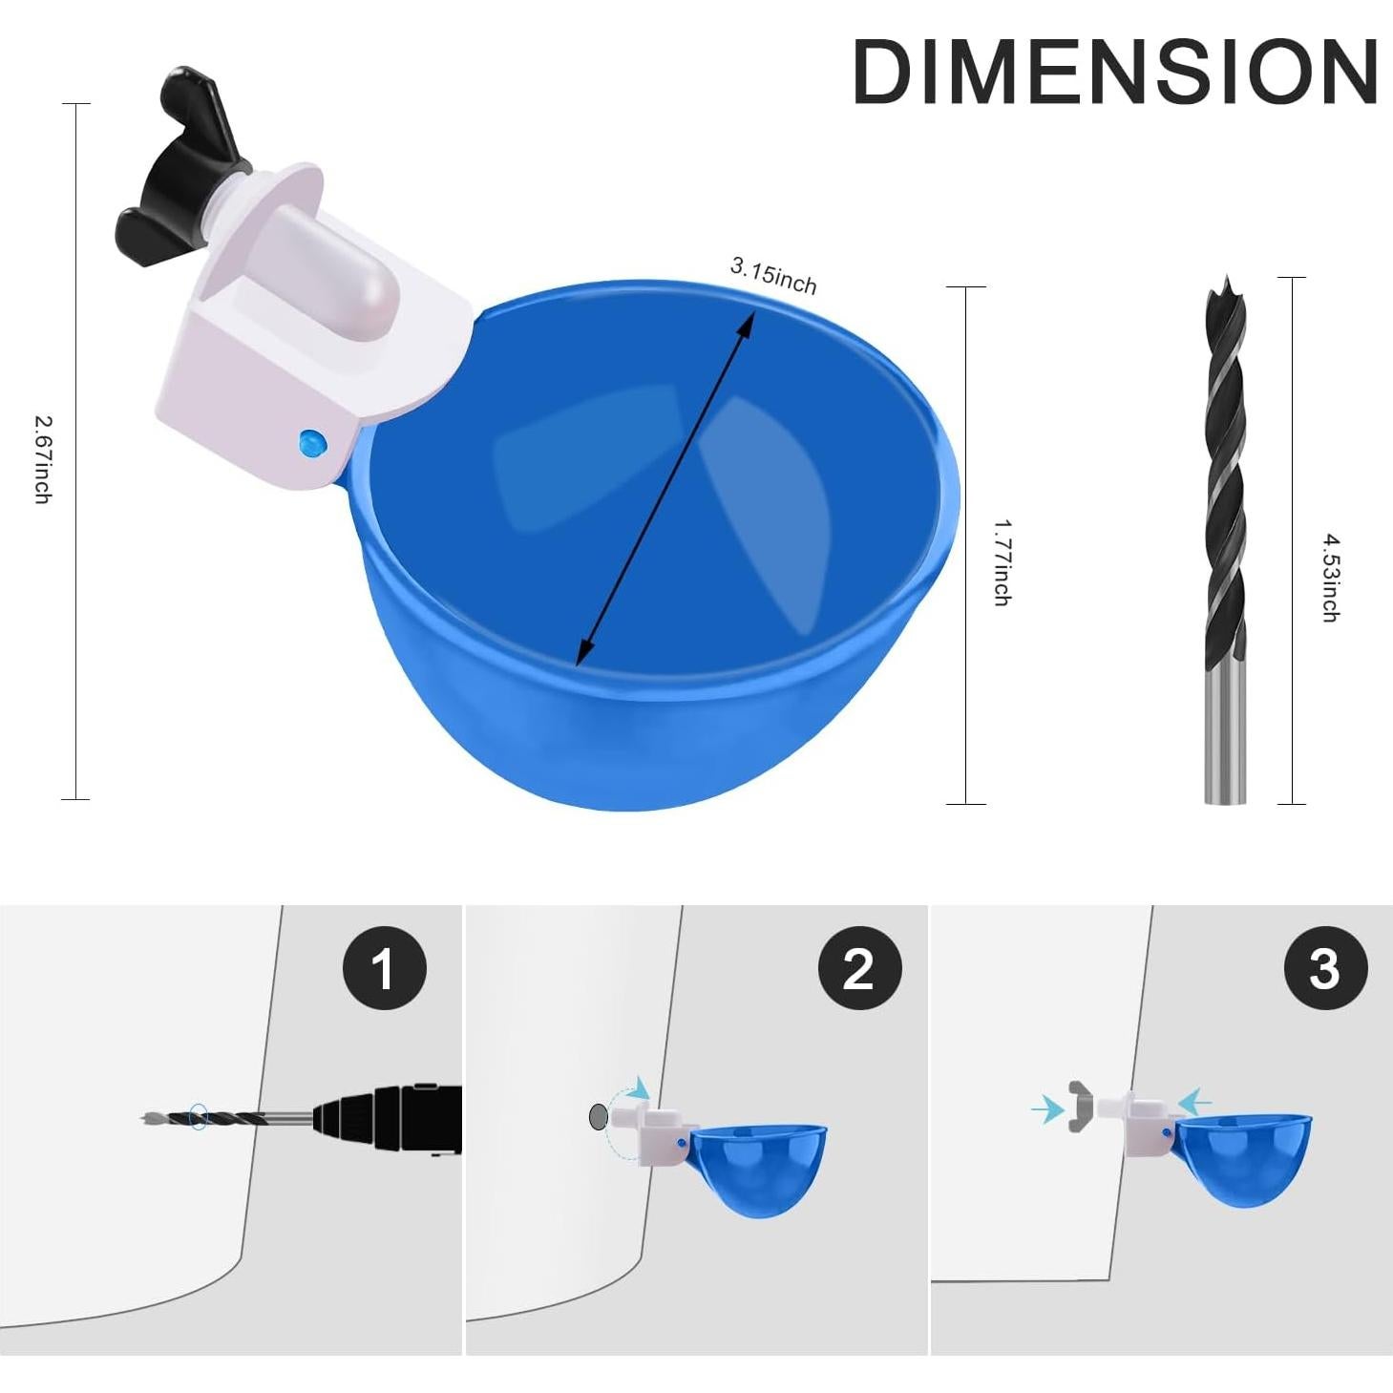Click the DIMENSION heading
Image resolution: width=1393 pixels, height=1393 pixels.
[1114, 73]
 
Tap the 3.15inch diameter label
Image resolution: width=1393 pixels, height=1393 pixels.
[773, 276]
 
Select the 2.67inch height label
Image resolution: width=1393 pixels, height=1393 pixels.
[43, 458]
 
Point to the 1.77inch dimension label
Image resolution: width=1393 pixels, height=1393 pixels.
[1001, 562]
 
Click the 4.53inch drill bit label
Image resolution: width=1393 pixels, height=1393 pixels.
[1329, 579]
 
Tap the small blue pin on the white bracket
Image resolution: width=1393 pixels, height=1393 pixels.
[311, 443]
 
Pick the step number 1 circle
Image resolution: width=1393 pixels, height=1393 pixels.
[384, 968]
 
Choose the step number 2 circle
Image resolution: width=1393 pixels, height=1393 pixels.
[859, 968]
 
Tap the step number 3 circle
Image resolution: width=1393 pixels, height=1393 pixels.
[1324, 968]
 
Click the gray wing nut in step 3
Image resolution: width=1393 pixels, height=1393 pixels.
[1079, 1108]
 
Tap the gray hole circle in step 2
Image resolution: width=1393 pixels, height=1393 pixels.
[599, 1115]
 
